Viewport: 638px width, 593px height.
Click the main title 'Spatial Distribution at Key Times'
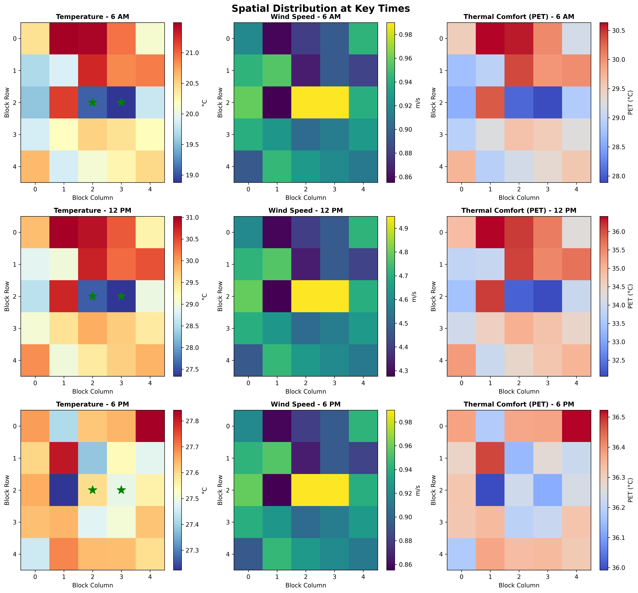[320, 8]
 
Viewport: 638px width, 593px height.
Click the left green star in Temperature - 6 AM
[92, 102]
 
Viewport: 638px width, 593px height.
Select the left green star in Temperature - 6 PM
[92, 490]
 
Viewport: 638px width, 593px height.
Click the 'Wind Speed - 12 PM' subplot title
[306, 210]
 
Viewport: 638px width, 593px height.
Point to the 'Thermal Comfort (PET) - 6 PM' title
[519, 404]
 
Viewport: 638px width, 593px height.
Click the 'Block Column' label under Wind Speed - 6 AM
[306, 198]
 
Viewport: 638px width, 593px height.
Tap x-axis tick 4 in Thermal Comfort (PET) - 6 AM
[576, 189]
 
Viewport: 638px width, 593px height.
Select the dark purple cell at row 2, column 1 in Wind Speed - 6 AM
[277, 102]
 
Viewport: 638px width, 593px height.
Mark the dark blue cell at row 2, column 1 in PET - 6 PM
[490, 490]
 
